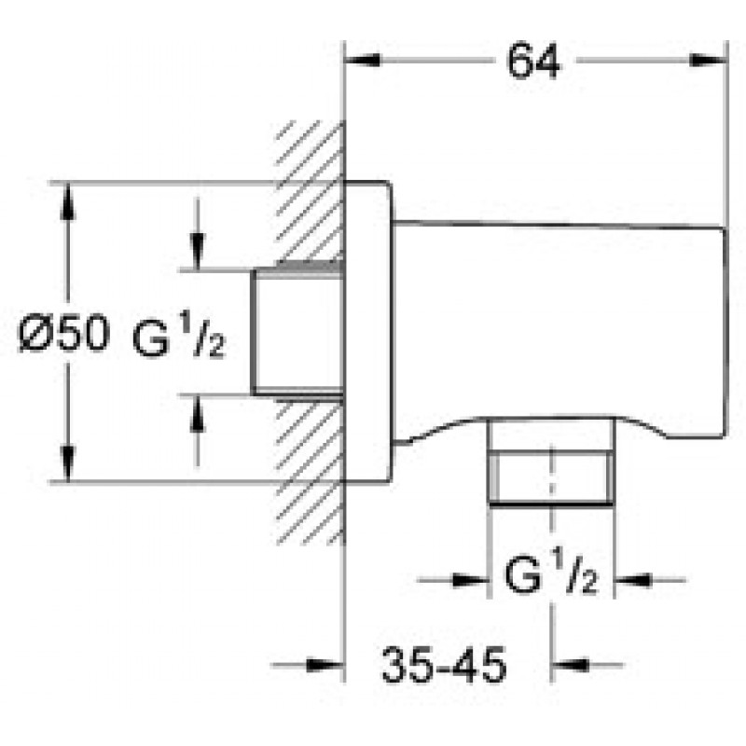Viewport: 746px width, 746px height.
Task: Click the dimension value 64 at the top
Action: tap(533, 61)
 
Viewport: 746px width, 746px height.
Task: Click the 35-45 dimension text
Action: tap(444, 665)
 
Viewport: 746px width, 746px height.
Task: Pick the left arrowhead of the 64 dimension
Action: tap(362, 61)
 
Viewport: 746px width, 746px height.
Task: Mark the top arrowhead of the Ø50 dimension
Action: tap(67, 201)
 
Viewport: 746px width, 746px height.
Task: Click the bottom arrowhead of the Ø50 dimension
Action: tap(67, 463)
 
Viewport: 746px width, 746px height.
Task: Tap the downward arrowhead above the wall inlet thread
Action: tap(197, 252)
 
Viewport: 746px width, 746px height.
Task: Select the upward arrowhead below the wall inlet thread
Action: tap(197, 413)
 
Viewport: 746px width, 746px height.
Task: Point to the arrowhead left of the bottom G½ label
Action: tap(470, 580)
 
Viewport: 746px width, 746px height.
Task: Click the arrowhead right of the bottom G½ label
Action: tap(633, 580)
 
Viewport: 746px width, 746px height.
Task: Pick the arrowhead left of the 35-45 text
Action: tap(325, 665)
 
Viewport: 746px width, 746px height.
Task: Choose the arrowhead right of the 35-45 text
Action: tap(571, 665)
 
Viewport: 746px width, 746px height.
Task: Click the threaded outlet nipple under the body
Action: tap(551, 461)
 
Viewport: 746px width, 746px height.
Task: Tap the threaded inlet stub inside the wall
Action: tap(297, 333)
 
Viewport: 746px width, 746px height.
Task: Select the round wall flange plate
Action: tap(368, 332)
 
